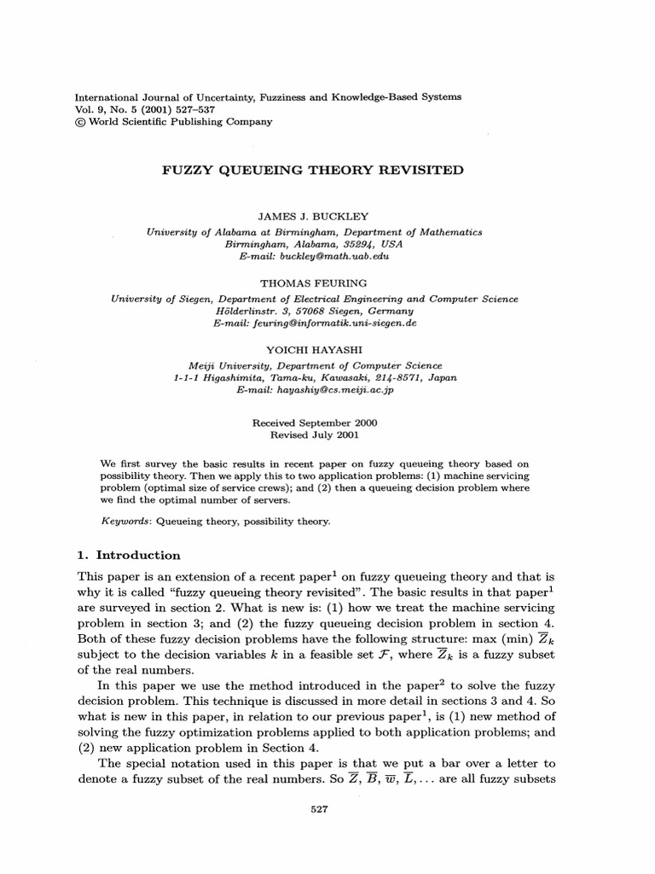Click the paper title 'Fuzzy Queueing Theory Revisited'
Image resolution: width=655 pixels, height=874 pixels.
[313, 170]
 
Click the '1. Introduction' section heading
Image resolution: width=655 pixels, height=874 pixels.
[129, 555]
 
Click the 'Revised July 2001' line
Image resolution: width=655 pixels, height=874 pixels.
[313, 434]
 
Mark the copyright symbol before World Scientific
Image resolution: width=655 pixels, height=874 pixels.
[82, 122]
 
